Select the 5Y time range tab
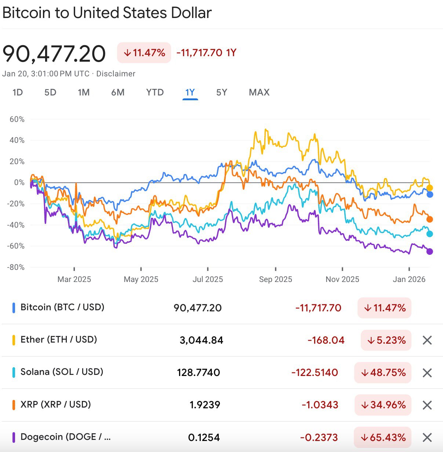[222, 92]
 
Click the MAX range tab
[259, 92]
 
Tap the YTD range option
[155, 92]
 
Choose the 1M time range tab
[84, 92]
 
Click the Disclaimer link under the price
[116, 74]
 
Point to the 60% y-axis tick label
[17, 119]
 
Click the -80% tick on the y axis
[16, 267]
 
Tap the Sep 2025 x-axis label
[275, 279]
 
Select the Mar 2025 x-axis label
[74, 279]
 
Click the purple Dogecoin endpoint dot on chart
[429, 252]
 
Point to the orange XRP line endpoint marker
[429, 219]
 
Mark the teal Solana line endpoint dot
[429, 234]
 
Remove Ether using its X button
[427, 340]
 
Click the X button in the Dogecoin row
[427, 437]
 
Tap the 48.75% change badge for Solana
[383, 373]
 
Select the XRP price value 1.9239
[205, 405]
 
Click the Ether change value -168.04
[326, 340]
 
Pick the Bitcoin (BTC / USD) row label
[62, 307]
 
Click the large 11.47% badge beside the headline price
[144, 53]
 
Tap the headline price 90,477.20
[54, 54]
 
